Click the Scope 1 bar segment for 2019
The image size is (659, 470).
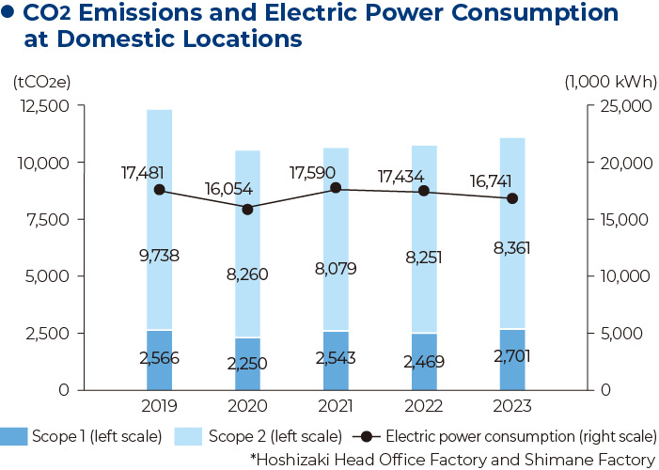coord(160,359)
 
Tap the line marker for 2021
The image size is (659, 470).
coord(337,189)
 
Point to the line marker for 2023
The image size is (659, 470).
coord(512,198)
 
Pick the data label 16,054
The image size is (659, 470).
coord(229,188)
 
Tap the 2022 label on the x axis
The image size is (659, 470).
coord(424,407)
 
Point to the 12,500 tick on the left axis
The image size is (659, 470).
coord(44,106)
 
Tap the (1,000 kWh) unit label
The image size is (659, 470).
coord(610,81)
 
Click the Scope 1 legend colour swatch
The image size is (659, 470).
coord(15,436)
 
